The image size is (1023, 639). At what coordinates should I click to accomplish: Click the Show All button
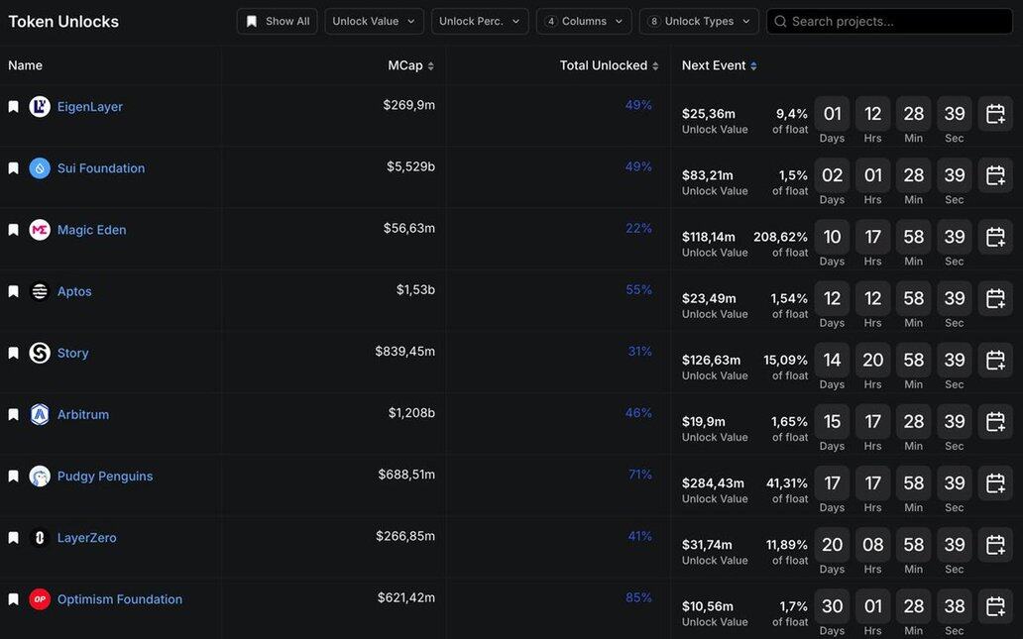[x=278, y=22]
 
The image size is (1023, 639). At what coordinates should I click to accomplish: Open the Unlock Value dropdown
[x=374, y=22]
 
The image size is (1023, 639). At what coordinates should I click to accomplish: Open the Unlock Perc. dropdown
[x=480, y=22]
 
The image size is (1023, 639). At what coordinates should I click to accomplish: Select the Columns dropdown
[x=584, y=22]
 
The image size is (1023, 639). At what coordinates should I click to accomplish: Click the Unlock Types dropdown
[x=699, y=22]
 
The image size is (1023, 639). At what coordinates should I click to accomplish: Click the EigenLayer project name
[x=90, y=107]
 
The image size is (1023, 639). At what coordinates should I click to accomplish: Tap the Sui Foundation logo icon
[x=40, y=168]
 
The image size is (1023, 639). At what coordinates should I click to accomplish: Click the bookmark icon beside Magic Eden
[x=14, y=230]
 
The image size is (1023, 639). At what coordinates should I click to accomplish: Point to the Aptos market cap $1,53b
[x=415, y=290]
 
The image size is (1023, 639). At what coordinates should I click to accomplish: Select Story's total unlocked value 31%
[x=639, y=352]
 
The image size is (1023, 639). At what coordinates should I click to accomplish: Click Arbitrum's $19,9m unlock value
[x=704, y=421]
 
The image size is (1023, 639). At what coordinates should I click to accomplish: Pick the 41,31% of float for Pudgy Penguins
[x=787, y=483]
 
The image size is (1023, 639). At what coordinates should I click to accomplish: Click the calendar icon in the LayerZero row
[x=995, y=544]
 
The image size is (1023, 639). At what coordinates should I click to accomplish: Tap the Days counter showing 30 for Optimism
[x=832, y=606]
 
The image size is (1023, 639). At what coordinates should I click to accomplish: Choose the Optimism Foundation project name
[x=120, y=599]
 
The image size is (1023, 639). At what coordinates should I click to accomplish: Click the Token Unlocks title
[x=63, y=22]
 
